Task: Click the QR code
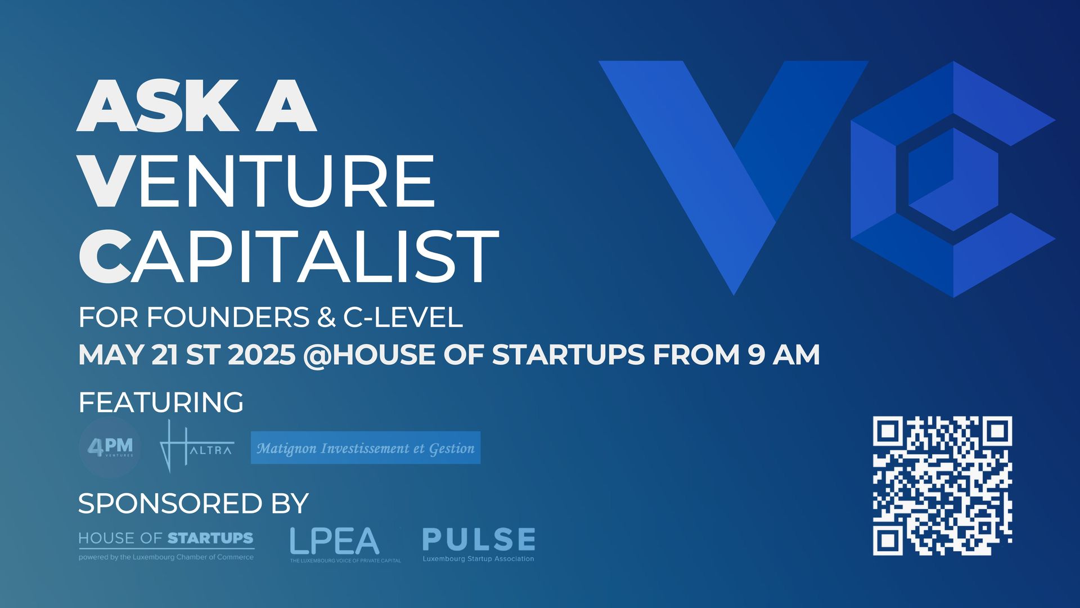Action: pyautogui.click(x=943, y=486)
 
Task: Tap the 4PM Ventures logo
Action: pyautogui.click(x=110, y=448)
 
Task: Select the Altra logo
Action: pyautogui.click(x=196, y=446)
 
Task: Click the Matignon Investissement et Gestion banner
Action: pyautogui.click(x=366, y=448)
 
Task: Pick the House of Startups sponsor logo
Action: pyautogui.click(x=166, y=546)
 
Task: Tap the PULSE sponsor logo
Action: pyautogui.click(x=479, y=544)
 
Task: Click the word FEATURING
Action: pyautogui.click(x=161, y=403)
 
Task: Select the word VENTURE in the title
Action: pyautogui.click(x=257, y=181)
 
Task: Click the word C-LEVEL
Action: pyautogui.click(x=403, y=318)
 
